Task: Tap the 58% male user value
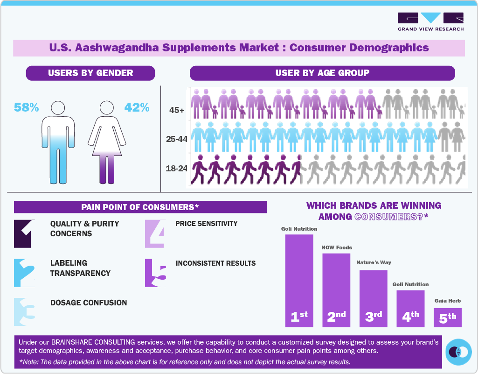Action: (x=26, y=107)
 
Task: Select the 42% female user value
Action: (x=137, y=107)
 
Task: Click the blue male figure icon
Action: (x=58, y=142)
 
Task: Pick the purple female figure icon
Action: (x=107, y=142)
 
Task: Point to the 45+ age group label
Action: (x=177, y=110)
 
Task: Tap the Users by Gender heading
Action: (x=90, y=73)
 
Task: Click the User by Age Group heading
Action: (x=322, y=73)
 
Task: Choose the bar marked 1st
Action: (x=299, y=280)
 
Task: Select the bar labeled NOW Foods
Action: (x=336, y=289)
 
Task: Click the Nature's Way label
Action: (x=374, y=262)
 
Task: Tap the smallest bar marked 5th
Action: (x=448, y=318)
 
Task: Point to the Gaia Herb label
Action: (x=448, y=301)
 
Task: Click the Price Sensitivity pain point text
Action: (x=206, y=224)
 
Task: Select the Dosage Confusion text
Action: (x=89, y=303)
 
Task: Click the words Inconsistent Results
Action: (x=215, y=263)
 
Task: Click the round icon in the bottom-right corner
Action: (x=458, y=352)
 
